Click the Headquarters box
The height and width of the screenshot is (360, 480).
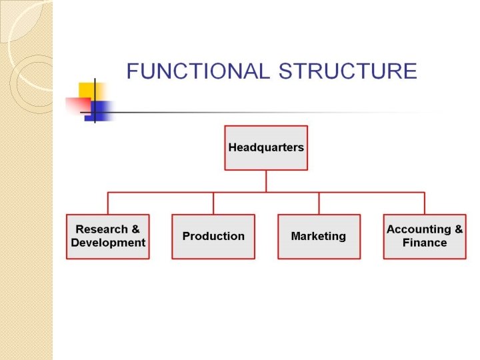266,147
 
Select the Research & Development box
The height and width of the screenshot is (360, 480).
108,236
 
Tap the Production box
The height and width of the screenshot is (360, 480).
213,236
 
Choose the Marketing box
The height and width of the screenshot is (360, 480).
319,236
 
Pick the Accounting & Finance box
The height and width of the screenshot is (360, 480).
425,236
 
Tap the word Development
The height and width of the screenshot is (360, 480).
108,243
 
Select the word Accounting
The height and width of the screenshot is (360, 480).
419,229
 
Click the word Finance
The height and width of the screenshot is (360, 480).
425,243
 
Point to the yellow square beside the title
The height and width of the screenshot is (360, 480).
87,91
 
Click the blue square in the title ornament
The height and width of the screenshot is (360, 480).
101,109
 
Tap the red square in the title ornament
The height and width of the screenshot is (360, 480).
76,105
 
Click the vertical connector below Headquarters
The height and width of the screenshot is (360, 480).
266,181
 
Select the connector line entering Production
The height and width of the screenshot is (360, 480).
213,203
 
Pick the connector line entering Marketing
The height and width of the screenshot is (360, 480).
319,203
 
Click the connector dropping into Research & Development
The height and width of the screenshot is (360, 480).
108,203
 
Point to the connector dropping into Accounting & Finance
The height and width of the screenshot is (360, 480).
425,203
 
